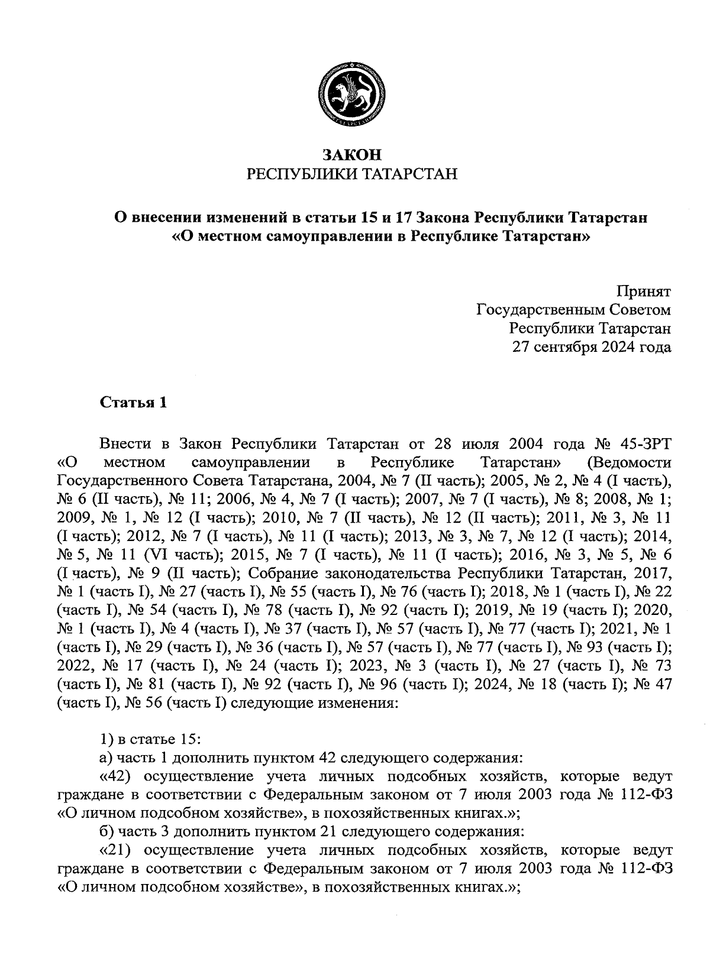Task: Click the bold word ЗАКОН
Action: coord(353,155)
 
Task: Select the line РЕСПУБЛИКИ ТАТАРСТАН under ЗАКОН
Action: coord(353,174)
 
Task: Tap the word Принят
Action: coord(643,292)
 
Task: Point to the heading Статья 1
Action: coord(134,403)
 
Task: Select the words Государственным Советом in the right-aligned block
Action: coord(574,310)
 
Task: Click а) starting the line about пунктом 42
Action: coord(105,757)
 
